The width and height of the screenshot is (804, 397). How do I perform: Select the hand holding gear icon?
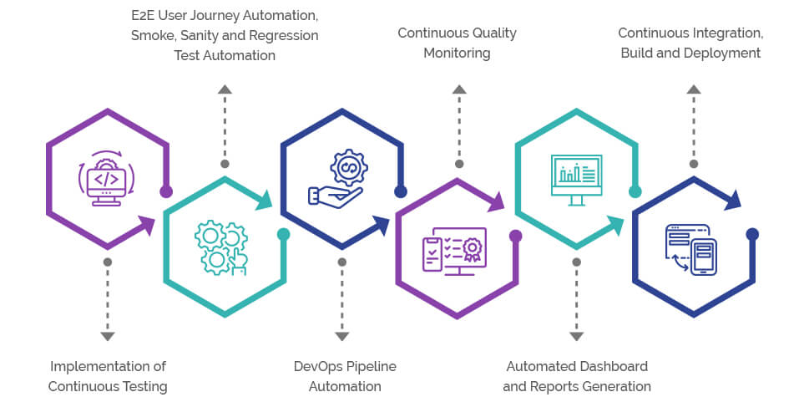337,178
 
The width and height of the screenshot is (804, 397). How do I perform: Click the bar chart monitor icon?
576,179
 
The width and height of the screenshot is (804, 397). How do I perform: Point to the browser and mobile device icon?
692,249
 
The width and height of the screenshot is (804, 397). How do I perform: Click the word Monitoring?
457,53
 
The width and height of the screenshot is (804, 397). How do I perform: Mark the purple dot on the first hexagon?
166,192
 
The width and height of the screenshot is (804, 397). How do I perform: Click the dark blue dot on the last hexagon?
751,234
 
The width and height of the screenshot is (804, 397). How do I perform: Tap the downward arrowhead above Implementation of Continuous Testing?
107,336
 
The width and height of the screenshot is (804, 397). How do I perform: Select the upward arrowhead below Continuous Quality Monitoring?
458,89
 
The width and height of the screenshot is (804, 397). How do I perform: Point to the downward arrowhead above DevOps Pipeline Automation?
341,336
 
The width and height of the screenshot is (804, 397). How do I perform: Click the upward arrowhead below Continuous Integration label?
691,89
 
